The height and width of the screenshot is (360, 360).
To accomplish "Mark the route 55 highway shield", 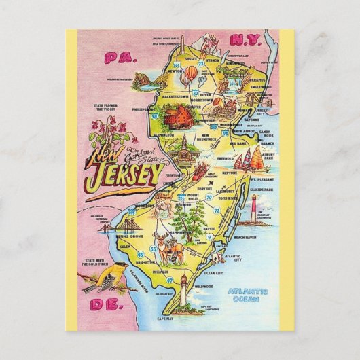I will (x=154, y=249).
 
